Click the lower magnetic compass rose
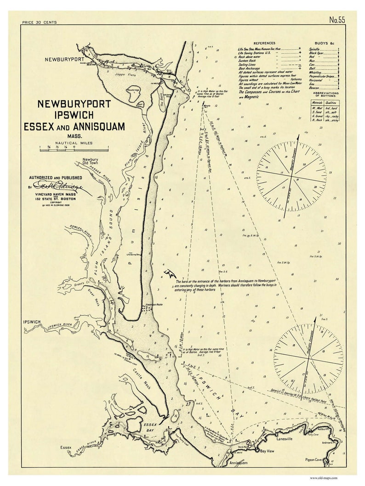[x=308, y=356]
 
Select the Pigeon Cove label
[x=316, y=459]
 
